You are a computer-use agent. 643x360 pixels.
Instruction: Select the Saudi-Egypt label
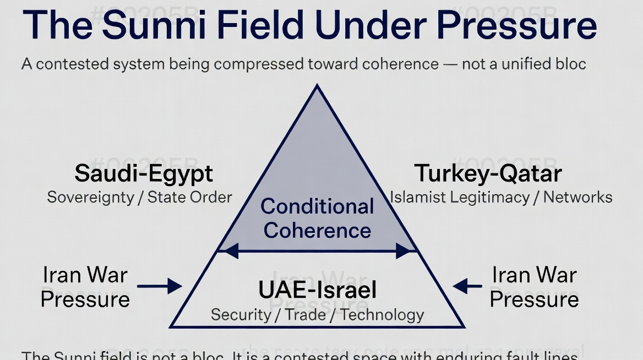tap(144, 173)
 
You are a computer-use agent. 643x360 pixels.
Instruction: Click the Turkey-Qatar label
tap(488, 173)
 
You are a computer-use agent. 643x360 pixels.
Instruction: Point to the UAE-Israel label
tap(318, 290)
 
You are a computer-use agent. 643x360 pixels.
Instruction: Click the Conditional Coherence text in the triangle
tap(318, 219)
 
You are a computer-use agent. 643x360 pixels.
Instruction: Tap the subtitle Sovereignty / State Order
tap(140, 197)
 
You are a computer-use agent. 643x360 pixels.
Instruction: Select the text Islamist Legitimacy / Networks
tap(501, 197)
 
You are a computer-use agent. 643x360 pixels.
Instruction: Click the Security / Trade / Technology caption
tap(318, 315)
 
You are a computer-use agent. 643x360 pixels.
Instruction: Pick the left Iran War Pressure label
tap(85, 287)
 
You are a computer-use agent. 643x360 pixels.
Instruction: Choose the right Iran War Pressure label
tap(534, 287)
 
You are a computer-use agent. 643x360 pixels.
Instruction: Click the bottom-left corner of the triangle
tap(171, 326)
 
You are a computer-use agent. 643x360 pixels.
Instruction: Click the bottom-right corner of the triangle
tap(464, 326)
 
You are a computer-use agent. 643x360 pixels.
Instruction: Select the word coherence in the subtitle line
tap(400, 64)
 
